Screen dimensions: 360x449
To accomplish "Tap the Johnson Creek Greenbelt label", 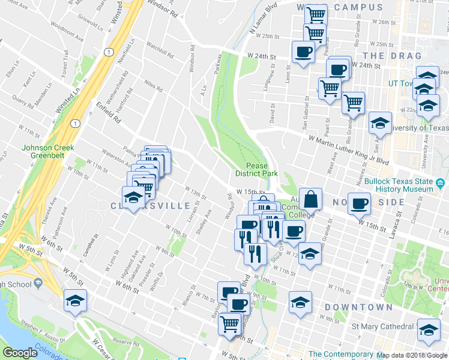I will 47,152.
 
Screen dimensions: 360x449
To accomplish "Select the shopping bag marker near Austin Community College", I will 311,199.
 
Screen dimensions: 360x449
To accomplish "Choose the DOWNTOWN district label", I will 358,307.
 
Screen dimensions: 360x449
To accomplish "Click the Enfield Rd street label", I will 109,112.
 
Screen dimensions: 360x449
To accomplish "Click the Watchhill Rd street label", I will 159,46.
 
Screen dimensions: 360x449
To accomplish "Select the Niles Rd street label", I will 154,86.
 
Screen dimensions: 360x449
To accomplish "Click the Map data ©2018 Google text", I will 412,355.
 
